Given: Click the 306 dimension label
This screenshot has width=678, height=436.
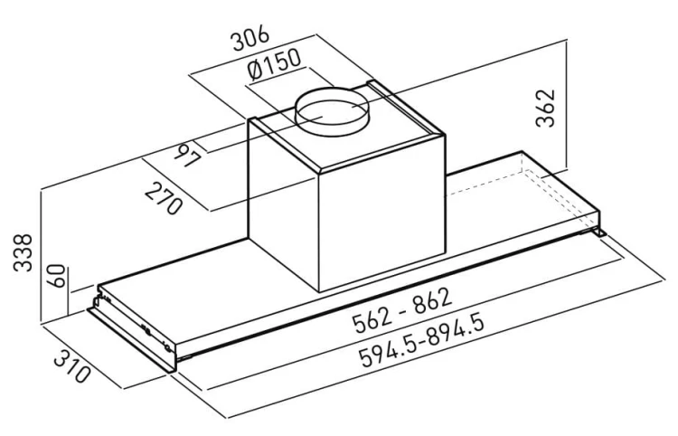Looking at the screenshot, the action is tap(250, 38).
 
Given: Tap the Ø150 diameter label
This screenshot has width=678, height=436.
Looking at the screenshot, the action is tap(275, 64).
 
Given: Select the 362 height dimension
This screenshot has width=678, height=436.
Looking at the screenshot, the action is tap(544, 109).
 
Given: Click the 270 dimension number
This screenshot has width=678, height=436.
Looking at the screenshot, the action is tap(164, 198).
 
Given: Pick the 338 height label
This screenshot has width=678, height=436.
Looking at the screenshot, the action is tap(23, 252).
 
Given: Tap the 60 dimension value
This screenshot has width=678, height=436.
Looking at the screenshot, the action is tap(57, 276).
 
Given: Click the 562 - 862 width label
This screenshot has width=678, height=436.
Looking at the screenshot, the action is tap(402, 309).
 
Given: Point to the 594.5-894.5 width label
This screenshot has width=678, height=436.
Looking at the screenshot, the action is tap(421, 342).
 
